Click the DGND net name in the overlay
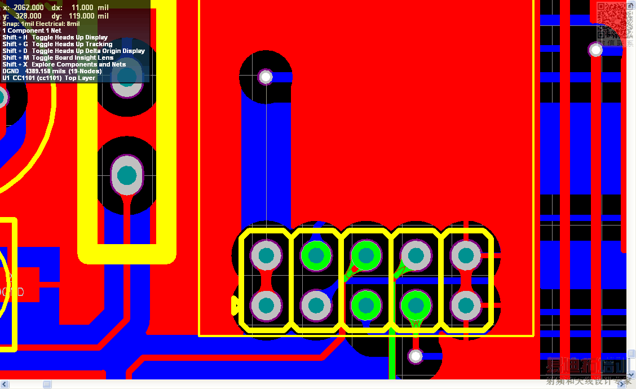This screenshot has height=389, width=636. click(x=10, y=71)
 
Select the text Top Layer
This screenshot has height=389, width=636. click(x=80, y=78)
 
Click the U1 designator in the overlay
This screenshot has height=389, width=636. click(x=6, y=78)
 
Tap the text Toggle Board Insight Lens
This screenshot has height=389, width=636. click(x=73, y=58)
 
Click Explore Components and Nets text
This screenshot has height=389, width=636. click(x=78, y=64)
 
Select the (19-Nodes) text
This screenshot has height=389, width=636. click(x=85, y=71)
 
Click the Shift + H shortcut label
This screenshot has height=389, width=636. click(x=15, y=37)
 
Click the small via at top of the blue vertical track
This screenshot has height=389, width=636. click(x=265, y=77)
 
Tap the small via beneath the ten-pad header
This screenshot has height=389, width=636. click(x=416, y=356)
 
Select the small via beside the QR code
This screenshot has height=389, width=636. click(x=595, y=51)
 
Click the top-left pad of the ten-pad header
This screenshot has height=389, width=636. click(x=266, y=256)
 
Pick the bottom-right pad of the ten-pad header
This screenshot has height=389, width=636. click(x=466, y=305)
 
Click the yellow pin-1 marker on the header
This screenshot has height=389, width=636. click(x=235, y=306)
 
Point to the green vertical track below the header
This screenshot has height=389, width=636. click(x=392, y=355)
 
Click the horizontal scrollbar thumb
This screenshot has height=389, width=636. click(x=47, y=384)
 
